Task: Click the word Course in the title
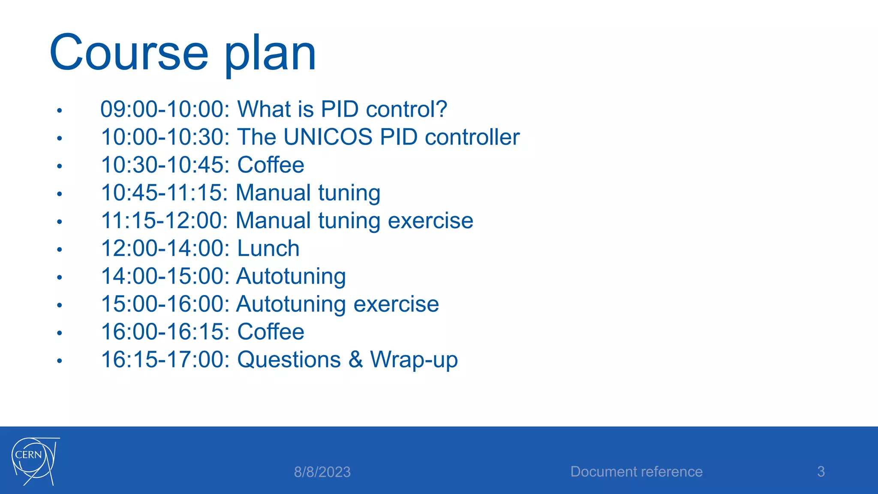click(129, 53)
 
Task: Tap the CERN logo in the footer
click(34, 461)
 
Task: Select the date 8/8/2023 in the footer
click(322, 472)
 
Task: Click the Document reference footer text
click(636, 472)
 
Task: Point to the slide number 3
click(821, 472)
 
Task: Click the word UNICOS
click(328, 137)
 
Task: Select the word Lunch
click(268, 249)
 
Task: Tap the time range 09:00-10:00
click(165, 109)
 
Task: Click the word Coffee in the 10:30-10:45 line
click(271, 165)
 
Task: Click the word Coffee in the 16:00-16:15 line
click(271, 332)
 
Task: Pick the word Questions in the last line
click(289, 360)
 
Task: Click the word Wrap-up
click(414, 360)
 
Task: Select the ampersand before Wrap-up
click(355, 360)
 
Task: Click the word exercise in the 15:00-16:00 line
click(396, 304)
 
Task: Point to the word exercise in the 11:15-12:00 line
click(430, 221)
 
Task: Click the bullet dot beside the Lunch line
click(60, 250)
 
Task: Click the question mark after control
click(440, 109)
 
